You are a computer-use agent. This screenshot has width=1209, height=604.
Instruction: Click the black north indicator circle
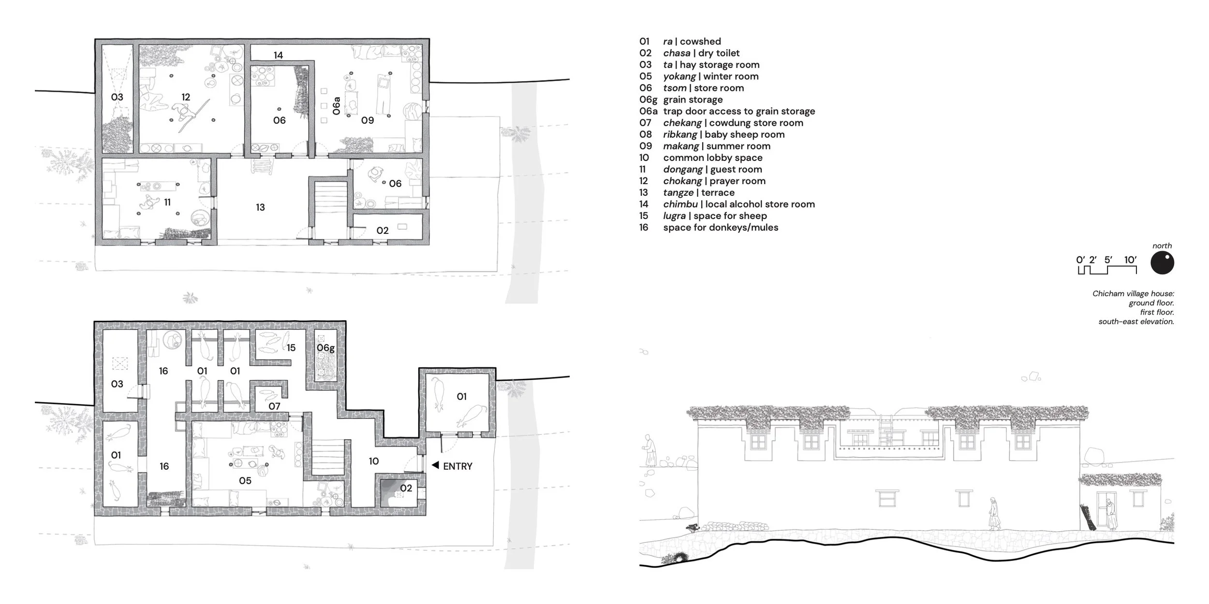click(1162, 264)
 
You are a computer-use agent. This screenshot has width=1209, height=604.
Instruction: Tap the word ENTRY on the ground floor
click(457, 466)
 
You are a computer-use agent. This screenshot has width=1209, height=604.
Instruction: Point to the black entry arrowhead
click(435, 465)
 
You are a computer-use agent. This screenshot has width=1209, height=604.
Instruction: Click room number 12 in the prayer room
click(186, 97)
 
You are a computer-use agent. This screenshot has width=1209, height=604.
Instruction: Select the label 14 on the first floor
click(278, 56)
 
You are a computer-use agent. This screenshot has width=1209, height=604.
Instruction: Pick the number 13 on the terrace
click(260, 207)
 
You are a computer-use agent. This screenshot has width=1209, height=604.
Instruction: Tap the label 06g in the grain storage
click(325, 348)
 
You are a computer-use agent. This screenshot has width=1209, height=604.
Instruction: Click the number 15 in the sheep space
click(291, 347)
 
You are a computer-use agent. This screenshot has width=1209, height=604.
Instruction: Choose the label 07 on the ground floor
click(274, 406)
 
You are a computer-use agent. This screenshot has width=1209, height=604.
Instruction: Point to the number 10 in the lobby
click(373, 461)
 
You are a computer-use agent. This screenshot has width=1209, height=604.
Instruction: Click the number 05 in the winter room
click(245, 481)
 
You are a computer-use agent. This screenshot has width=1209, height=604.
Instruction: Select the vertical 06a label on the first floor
click(337, 106)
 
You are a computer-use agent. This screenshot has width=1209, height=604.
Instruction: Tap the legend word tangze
click(678, 193)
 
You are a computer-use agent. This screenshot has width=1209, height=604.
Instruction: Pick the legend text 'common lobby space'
click(713, 158)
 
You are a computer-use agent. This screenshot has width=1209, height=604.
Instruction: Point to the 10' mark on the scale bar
click(1130, 260)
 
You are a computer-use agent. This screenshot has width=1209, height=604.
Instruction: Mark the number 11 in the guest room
click(167, 202)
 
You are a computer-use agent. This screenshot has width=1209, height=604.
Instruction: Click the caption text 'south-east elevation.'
click(1136, 322)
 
